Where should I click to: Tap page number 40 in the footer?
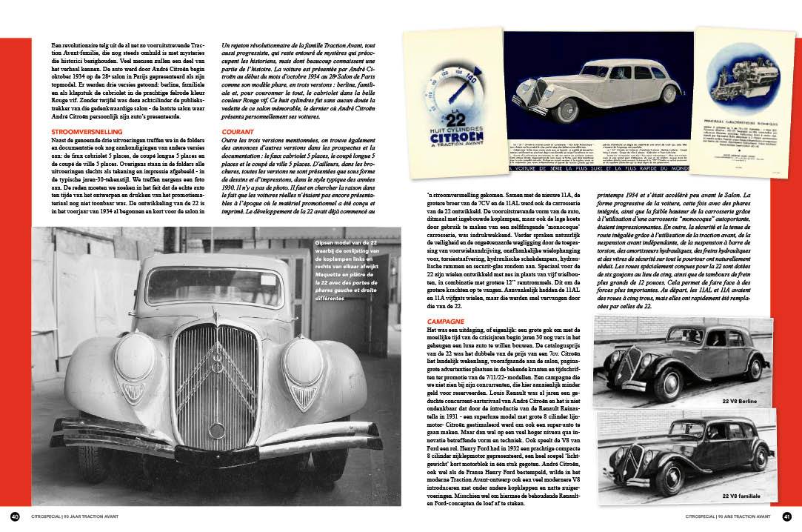pyautogui.click(x=15, y=516)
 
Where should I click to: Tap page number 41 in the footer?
pyautogui.click(x=786, y=516)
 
